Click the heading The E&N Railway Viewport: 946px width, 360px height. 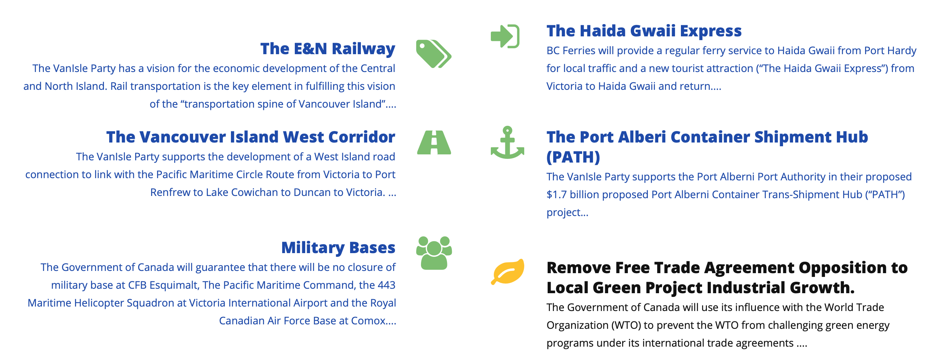[x=328, y=49]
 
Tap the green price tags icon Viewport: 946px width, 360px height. [x=434, y=54]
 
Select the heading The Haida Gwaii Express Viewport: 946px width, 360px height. [x=644, y=31]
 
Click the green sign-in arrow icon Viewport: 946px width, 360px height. [x=505, y=36]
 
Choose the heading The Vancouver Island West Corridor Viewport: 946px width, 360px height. [x=251, y=137]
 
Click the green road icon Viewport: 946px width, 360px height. [x=434, y=143]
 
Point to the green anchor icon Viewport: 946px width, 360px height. [x=508, y=143]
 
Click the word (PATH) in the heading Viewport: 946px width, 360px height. [x=573, y=157]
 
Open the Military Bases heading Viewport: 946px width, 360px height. [x=338, y=248]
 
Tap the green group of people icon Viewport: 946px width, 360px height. [x=434, y=253]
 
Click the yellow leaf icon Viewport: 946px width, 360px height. [x=508, y=272]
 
